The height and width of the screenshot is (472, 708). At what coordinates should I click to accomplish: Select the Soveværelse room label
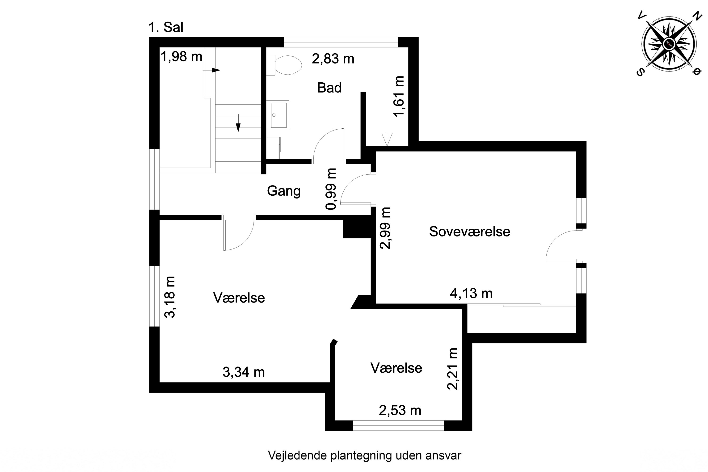point(469,232)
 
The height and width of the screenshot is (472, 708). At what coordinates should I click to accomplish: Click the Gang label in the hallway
point(284,191)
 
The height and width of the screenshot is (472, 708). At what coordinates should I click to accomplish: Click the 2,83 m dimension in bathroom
point(333,59)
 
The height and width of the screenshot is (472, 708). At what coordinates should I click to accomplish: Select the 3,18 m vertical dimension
point(169,297)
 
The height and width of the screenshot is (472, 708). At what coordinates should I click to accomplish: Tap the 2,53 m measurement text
point(400,410)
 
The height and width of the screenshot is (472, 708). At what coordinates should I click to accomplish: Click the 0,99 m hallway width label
point(331,189)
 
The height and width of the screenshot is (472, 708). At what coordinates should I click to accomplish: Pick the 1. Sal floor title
point(166,27)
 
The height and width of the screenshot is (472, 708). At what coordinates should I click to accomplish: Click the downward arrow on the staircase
point(238,123)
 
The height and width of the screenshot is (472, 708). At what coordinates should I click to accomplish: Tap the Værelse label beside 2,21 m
point(396,368)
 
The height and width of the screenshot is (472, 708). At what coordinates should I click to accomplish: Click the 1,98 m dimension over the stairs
point(181,57)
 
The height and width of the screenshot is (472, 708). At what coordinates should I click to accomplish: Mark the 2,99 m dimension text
point(385,228)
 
